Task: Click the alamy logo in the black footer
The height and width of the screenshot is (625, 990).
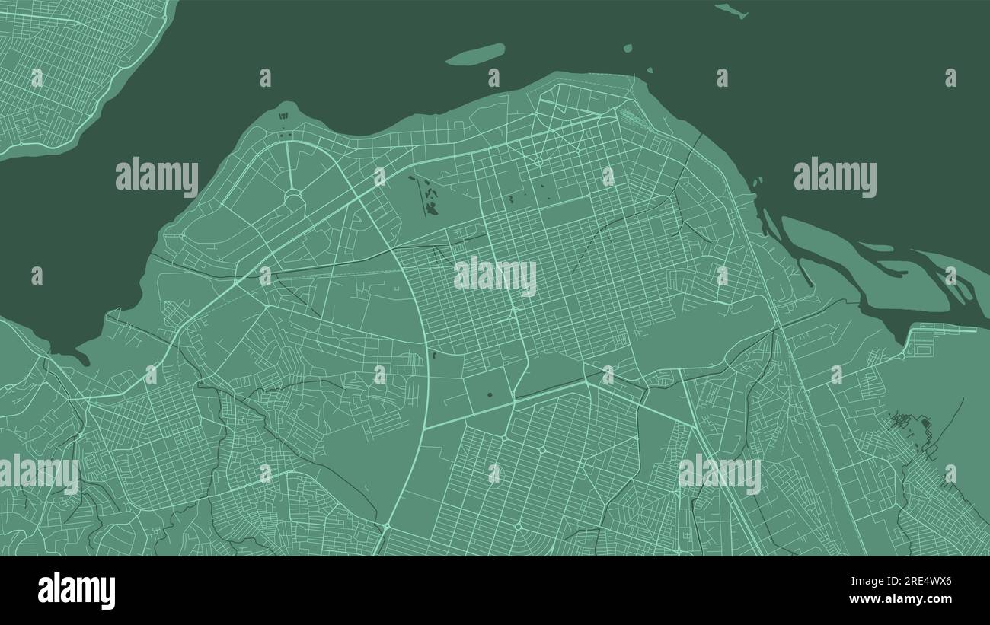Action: pos(76,592)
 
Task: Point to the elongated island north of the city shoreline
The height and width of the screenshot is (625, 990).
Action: pos(475,54)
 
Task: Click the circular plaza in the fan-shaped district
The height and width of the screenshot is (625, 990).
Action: pos(293,198)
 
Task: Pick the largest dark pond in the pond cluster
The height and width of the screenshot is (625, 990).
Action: pos(432,206)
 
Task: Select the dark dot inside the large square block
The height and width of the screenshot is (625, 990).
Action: pos(489,394)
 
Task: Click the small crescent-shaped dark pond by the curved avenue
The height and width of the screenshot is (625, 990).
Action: pos(435,354)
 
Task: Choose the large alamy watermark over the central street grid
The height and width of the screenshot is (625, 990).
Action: pos(495,277)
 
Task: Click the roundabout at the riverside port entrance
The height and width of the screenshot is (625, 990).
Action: pos(902,355)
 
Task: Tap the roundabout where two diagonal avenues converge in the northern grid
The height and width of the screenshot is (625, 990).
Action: pos(538,161)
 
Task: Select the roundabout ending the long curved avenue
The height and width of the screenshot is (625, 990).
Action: pos(387,526)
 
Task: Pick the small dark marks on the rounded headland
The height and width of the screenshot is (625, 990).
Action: pos(284,116)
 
